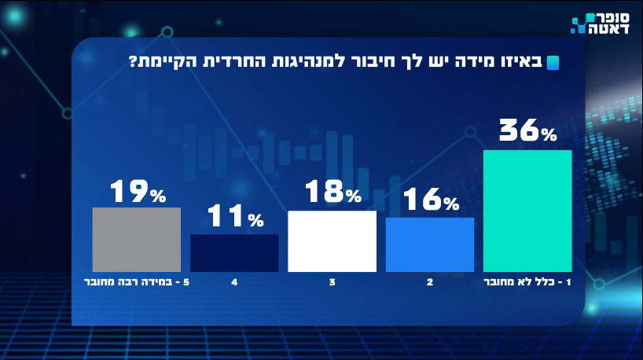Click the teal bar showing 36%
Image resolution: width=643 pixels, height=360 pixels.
527,211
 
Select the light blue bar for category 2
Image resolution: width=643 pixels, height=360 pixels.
429,244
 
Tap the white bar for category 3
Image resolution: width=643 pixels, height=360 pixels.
332,241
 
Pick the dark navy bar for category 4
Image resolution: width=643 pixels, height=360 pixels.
234,252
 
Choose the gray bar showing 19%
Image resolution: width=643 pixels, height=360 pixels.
137,239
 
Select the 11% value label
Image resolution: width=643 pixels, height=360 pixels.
234,218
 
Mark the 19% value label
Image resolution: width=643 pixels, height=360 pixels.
137,191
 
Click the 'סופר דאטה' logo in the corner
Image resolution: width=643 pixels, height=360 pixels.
597,24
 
